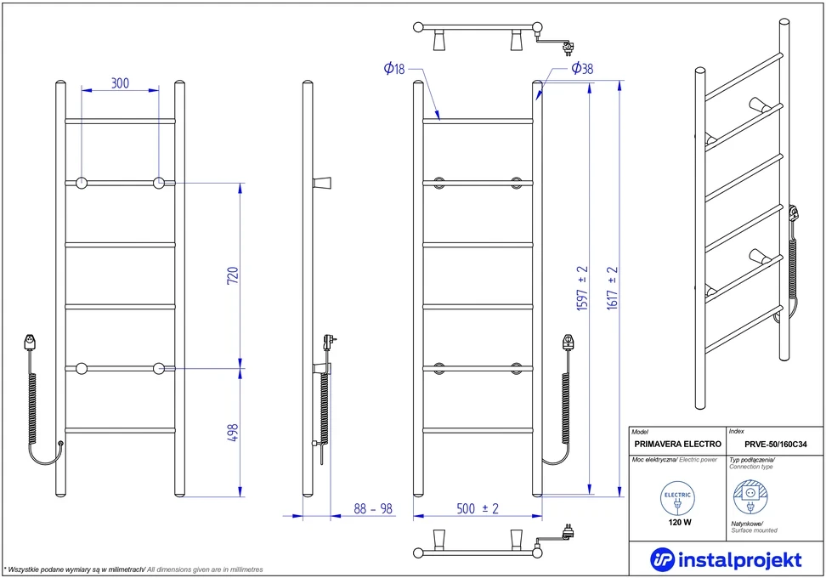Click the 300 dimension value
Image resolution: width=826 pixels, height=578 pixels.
pos(120,83)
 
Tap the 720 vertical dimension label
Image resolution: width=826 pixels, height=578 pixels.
pos(233,275)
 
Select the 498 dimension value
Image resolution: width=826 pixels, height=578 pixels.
pos(233,433)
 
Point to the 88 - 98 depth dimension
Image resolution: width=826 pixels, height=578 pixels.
pos(373,508)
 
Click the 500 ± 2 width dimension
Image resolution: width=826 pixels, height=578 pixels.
pos(478,508)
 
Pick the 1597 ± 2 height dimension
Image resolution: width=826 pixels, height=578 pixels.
pos(582,288)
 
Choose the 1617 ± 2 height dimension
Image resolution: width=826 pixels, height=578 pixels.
pos(612,287)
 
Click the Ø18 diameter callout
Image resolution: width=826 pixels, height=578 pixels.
pos(394,69)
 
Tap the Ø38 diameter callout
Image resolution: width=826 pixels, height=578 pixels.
pos(582,68)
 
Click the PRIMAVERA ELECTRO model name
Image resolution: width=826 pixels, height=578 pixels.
pos(677,445)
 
